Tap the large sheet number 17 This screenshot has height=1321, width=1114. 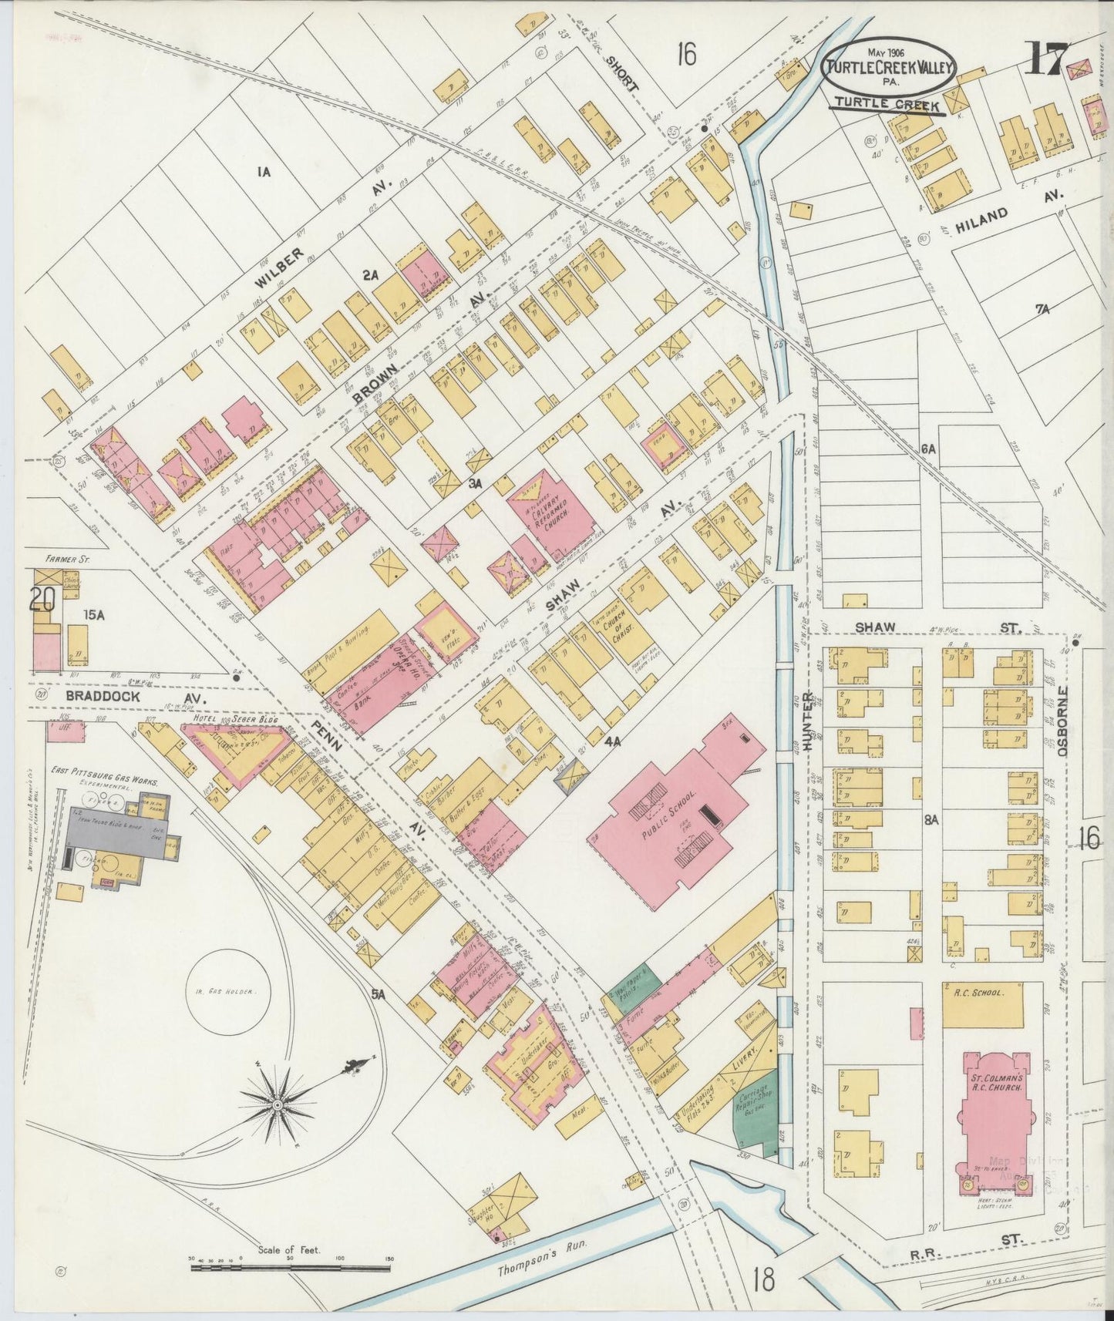pos(1045,59)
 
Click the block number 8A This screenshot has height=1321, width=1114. pos(931,820)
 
